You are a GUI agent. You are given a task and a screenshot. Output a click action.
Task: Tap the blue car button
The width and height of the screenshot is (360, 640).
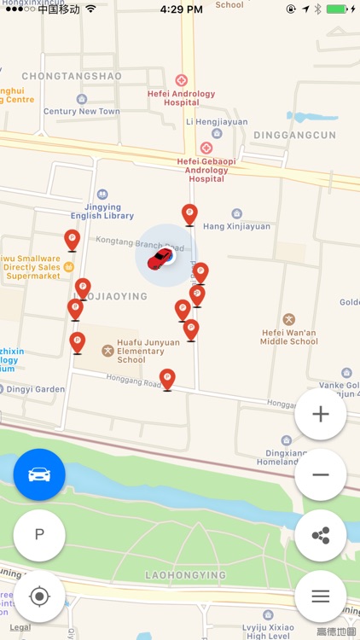coord(39,474)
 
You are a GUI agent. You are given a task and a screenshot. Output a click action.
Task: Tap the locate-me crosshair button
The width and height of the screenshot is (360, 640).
coord(39,596)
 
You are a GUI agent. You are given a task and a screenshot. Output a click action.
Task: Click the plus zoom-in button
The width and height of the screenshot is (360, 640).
coord(321,415)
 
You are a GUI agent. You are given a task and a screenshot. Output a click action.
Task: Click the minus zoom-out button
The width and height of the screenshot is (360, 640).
coord(321,474)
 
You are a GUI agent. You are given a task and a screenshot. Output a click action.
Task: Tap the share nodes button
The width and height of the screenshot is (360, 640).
coord(321,535)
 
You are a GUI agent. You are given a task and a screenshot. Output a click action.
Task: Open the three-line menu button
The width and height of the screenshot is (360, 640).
coord(321,596)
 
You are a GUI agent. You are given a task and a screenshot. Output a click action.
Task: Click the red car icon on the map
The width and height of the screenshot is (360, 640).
coord(160,259)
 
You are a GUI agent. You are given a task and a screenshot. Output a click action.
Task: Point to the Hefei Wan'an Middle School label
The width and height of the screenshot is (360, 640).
coord(288,335)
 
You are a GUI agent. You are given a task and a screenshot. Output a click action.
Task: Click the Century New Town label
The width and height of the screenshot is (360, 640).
coord(82,112)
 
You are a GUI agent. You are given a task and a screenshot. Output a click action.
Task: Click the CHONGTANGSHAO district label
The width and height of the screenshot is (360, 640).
coord(72,76)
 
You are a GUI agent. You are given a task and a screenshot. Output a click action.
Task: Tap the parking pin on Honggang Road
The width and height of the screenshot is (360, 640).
coord(167,379)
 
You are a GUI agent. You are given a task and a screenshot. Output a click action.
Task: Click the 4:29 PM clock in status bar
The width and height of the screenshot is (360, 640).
coord(180,9)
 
